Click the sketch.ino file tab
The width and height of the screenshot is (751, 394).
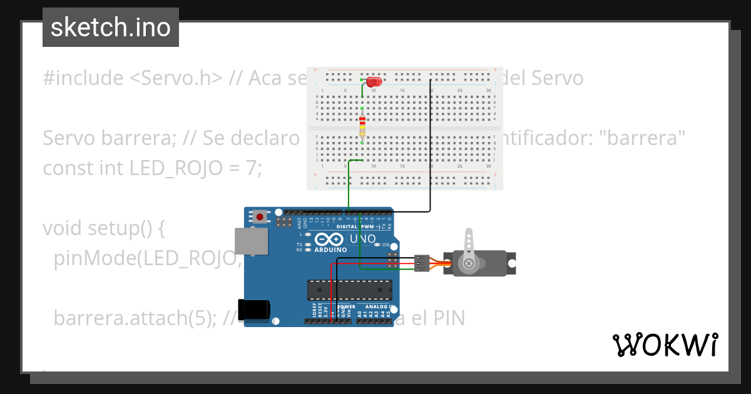click(x=111, y=28)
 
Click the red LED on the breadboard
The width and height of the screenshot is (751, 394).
click(x=374, y=82)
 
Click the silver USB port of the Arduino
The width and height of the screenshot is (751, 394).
click(x=250, y=241)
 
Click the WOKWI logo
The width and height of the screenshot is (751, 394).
click(x=665, y=345)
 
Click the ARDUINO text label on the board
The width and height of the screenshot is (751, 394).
click(x=330, y=250)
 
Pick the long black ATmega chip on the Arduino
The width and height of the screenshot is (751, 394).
click(x=349, y=290)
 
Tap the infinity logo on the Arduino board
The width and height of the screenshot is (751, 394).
click(x=330, y=239)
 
